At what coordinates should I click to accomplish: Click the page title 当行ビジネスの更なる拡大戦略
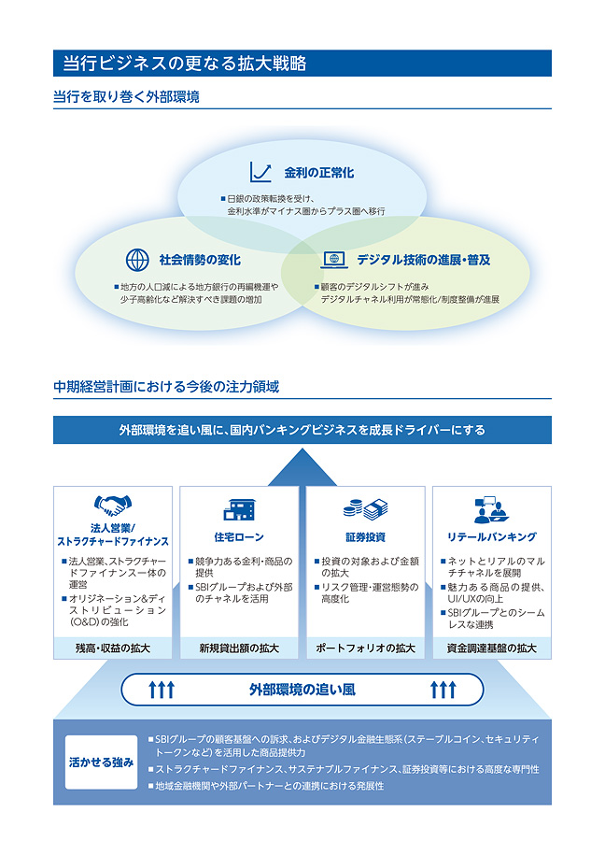184,64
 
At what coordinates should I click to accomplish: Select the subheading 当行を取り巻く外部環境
126,96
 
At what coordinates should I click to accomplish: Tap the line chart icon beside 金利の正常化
260,172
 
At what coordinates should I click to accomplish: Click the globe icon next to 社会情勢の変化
137,259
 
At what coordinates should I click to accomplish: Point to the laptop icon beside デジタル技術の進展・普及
334,259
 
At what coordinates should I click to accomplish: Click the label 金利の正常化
319,173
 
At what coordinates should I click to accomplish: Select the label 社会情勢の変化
199,259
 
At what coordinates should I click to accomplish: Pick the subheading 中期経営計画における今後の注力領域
166,386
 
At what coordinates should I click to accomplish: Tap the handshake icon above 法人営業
113,507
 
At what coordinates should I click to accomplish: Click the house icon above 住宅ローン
238,508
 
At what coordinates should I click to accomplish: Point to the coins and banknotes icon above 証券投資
365,508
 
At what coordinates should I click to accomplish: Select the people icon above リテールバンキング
491,508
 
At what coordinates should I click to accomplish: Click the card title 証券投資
365,537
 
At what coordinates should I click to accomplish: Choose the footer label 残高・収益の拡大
113,648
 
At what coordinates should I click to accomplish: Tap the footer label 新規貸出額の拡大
239,648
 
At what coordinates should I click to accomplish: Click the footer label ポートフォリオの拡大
365,648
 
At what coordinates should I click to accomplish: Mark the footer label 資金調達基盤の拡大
491,648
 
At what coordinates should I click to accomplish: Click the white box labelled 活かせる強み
101,762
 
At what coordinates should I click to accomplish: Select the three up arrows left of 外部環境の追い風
162,690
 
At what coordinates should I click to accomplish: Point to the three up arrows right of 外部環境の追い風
443,690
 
